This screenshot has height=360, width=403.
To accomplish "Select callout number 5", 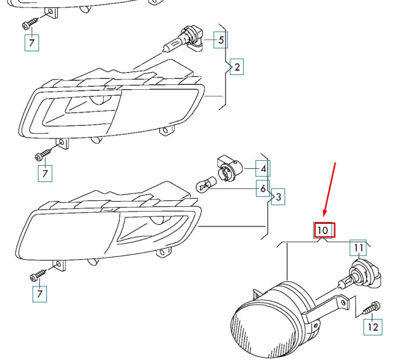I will (x=220, y=40).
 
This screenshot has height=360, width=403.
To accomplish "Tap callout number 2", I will (x=237, y=67).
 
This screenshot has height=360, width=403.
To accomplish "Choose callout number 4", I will (x=263, y=169).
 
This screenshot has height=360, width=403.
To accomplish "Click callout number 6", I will (x=263, y=188).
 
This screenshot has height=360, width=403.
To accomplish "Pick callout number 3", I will (x=278, y=198).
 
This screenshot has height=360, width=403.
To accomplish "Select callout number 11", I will (x=359, y=248).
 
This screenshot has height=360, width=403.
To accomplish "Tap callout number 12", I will (x=373, y=326).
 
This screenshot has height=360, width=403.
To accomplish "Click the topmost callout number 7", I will (x=32, y=43).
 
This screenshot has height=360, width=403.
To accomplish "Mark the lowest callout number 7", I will (x=39, y=294).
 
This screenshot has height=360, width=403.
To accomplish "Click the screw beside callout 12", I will (x=370, y=309).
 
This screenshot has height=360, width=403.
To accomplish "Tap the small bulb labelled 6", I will (x=204, y=185).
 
